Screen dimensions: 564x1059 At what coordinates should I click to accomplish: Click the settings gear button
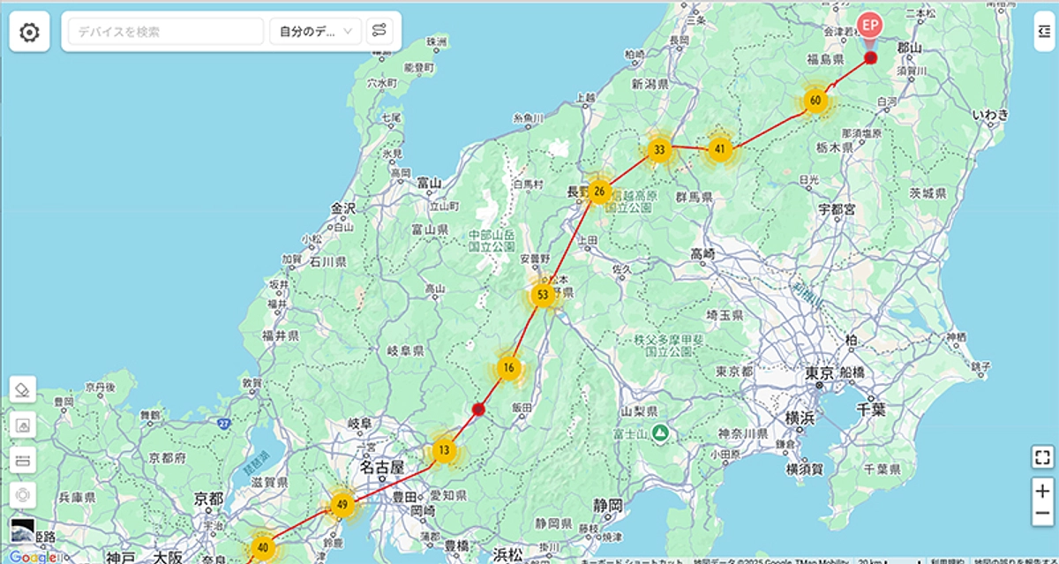point(29,33)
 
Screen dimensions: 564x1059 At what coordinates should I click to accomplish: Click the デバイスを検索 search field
point(166,32)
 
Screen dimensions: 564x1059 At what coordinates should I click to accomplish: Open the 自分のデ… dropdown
point(315,32)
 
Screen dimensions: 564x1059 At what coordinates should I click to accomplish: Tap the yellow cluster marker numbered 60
point(815,101)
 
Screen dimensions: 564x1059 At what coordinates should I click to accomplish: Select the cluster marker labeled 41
point(721,149)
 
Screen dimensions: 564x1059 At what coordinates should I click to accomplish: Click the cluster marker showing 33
point(658,149)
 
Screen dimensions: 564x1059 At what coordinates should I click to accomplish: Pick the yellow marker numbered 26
point(599,191)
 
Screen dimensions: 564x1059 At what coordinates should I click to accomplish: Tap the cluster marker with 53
point(543,294)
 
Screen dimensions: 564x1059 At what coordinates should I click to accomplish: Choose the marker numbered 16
point(508,367)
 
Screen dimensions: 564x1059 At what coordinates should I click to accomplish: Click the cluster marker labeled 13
point(444,450)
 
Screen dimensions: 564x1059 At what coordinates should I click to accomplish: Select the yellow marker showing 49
point(342,505)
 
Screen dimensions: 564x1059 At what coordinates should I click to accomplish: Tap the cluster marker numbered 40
point(262,546)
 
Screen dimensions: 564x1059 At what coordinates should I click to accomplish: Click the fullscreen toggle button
point(1042,457)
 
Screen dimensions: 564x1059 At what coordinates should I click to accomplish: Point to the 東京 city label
point(820,372)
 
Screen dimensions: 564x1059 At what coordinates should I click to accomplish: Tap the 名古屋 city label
point(381,467)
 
